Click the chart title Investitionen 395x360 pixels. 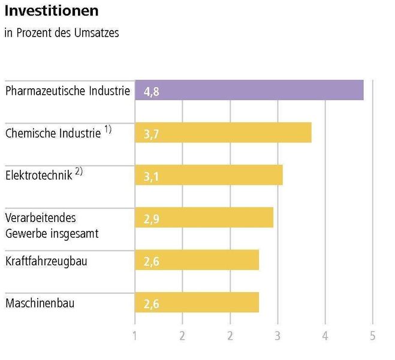(52, 11)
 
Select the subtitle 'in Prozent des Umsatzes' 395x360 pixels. (62, 33)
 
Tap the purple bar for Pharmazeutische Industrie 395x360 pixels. (249, 90)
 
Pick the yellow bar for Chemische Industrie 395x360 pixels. (223, 133)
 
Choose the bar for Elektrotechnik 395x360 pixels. (209, 175)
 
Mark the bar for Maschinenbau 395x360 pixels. (197, 303)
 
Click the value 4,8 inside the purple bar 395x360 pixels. (152, 92)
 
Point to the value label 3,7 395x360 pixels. (152, 135)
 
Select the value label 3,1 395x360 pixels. (152, 178)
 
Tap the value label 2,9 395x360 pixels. (152, 220)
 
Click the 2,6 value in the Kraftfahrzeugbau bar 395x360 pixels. (152, 262)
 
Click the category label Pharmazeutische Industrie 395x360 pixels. (67, 91)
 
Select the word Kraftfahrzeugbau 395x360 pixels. (46, 262)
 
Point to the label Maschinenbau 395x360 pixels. (40, 304)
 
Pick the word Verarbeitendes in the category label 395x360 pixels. (41, 217)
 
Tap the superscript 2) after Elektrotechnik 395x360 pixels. (79, 172)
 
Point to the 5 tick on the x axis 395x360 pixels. (372, 336)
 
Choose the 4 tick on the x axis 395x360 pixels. (325, 336)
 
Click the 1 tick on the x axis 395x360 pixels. (135, 336)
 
